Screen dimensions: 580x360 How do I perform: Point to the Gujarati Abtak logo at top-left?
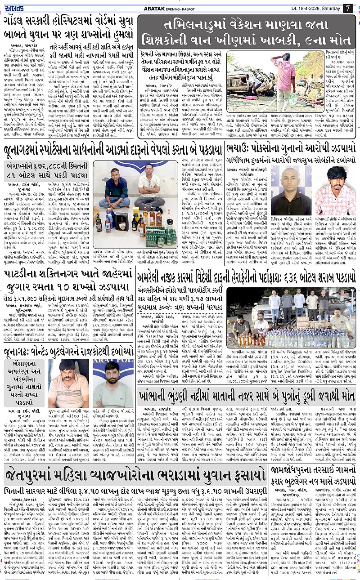point(16,8)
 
